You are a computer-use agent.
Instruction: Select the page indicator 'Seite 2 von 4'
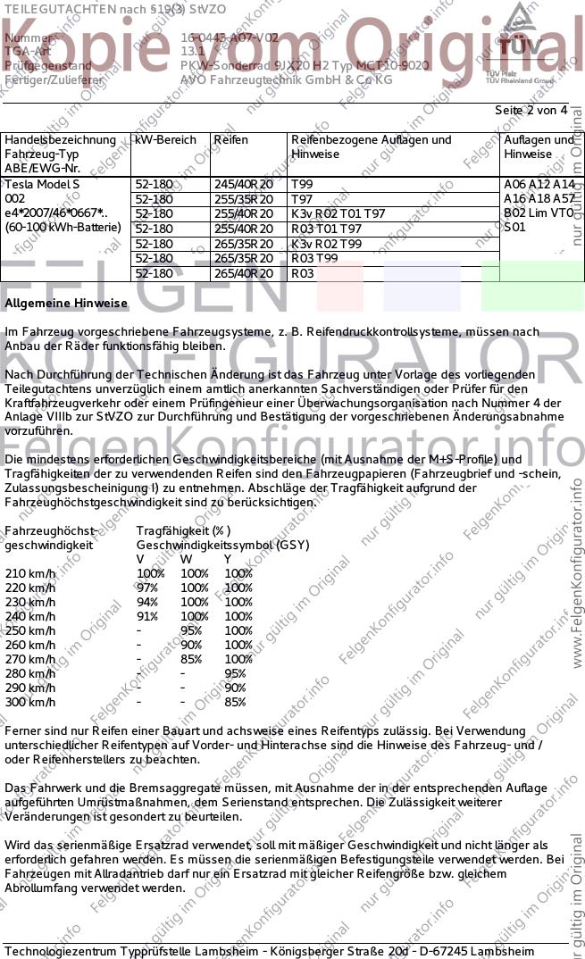pos(531,111)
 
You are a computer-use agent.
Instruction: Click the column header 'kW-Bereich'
pos(165,140)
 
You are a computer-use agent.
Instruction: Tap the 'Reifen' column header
pos(230,140)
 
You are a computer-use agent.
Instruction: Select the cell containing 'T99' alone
pos(302,185)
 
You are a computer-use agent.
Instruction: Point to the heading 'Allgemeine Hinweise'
pos(66,304)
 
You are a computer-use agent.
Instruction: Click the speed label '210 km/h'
pos(30,573)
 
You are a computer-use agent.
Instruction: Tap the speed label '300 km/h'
pos(30,702)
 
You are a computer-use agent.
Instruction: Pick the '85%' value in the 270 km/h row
pos(191,659)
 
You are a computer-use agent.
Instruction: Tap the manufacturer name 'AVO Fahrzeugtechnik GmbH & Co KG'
pos(286,79)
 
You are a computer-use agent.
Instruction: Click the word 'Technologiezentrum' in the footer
pos(61,951)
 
